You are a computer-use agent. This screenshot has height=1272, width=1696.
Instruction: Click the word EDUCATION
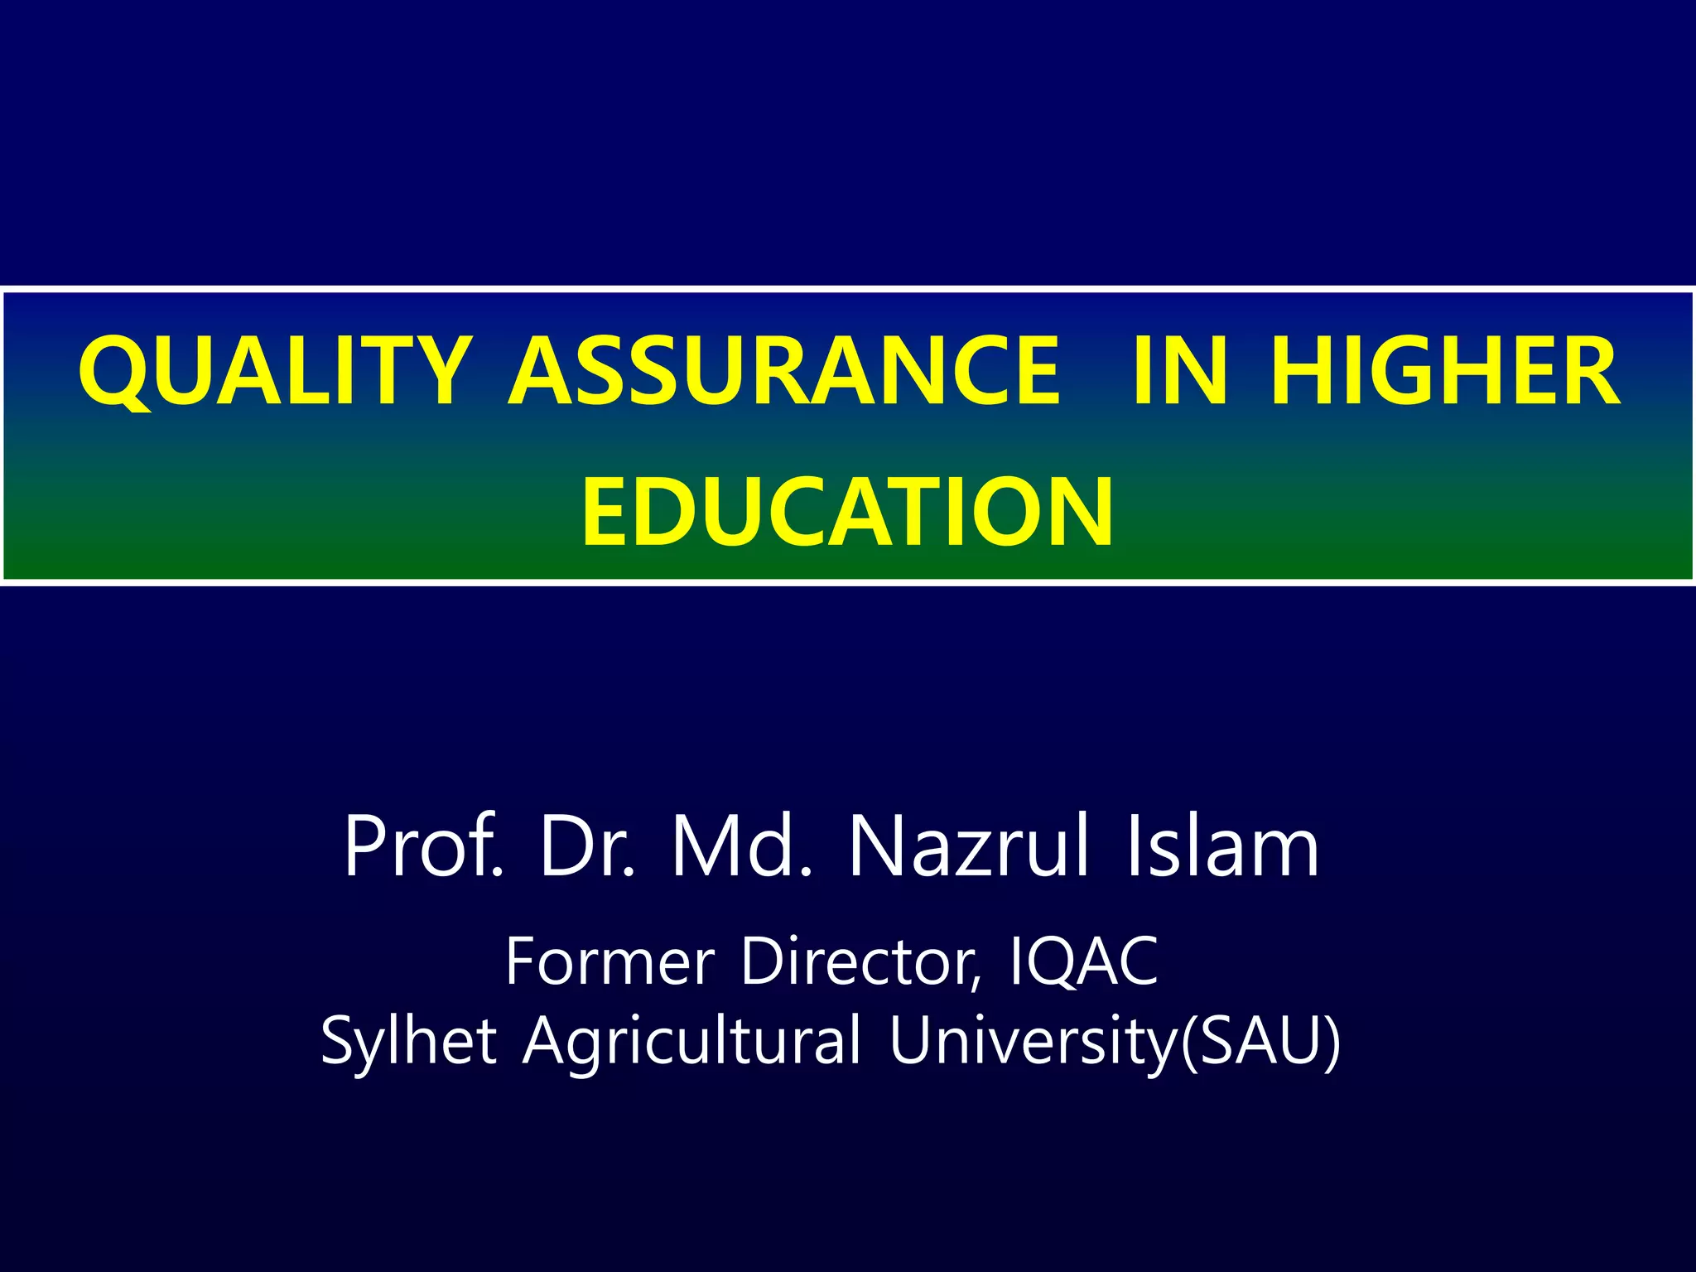point(847,513)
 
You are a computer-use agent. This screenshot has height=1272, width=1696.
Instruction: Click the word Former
point(609,961)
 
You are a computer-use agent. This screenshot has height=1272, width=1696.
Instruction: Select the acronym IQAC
point(1084,961)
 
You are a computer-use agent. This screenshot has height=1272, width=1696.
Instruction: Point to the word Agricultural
point(692,1042)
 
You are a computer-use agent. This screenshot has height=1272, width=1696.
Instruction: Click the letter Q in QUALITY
point(116,373)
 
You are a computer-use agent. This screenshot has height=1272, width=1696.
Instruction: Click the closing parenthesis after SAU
point(1332,1042)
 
